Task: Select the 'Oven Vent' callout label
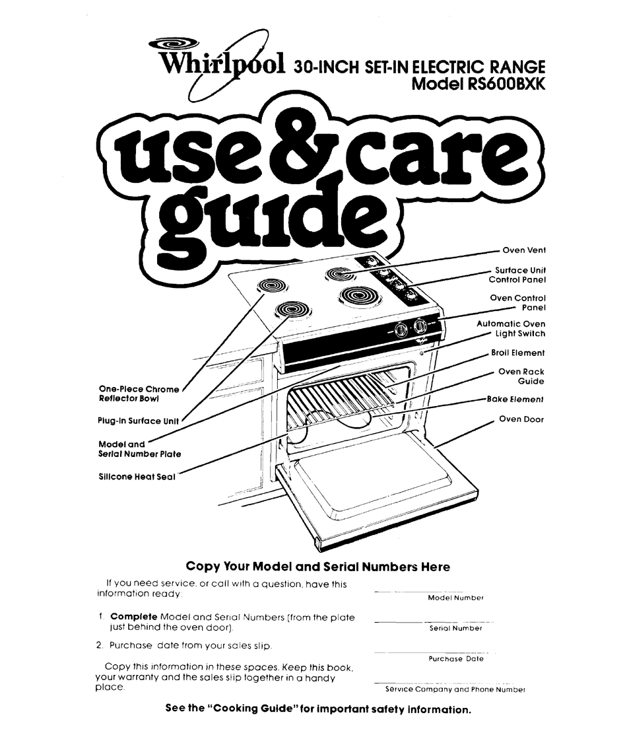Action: pos(523,250)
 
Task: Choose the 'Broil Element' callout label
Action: pos(517,353)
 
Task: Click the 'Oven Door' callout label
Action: pos(521,419)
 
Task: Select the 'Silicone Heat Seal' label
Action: pos(136,477)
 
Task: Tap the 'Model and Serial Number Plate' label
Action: pos(139,449)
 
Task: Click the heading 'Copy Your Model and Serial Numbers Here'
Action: pos(318,567)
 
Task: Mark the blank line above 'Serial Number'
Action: pos(430,621)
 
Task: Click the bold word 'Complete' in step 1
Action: pos(133,617)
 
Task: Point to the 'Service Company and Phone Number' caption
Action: pos(455,689)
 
